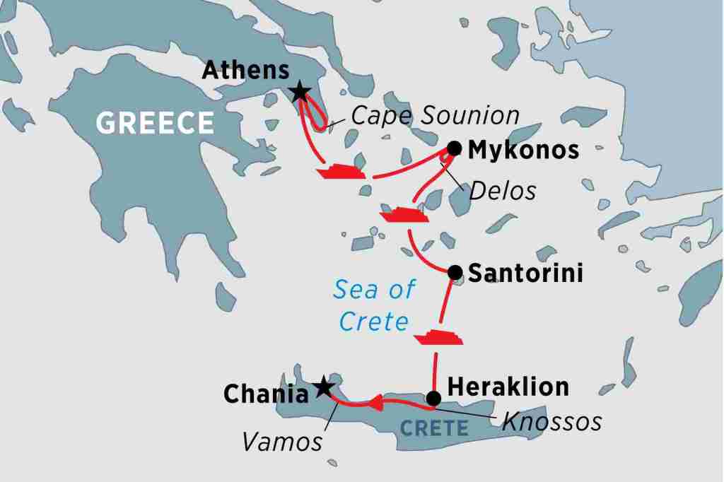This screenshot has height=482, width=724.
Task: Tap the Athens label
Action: point(245,70)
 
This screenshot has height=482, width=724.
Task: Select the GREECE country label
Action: point(155,123)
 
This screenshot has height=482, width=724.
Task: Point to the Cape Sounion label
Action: point(435,116)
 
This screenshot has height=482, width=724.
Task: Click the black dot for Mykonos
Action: point(455,148)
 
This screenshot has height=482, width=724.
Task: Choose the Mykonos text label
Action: point(523,150)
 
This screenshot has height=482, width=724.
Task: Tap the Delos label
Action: point(503,191)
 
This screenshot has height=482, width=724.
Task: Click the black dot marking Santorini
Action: point(455,272)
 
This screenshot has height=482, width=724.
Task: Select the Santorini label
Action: point(525,274)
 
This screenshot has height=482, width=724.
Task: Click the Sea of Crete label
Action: point(374,305)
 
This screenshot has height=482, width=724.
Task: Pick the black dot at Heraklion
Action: point(434,398)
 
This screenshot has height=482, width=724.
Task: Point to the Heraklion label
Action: point(508,387)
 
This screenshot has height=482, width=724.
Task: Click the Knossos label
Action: point(551,422)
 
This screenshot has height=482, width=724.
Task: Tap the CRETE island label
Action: point(435,428)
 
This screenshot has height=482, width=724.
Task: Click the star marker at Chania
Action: point(323,386)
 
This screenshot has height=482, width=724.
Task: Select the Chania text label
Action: point(266,394)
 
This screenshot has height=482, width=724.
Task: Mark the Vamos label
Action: point(282,442)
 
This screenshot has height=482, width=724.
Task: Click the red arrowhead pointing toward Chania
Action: point(375,404)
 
